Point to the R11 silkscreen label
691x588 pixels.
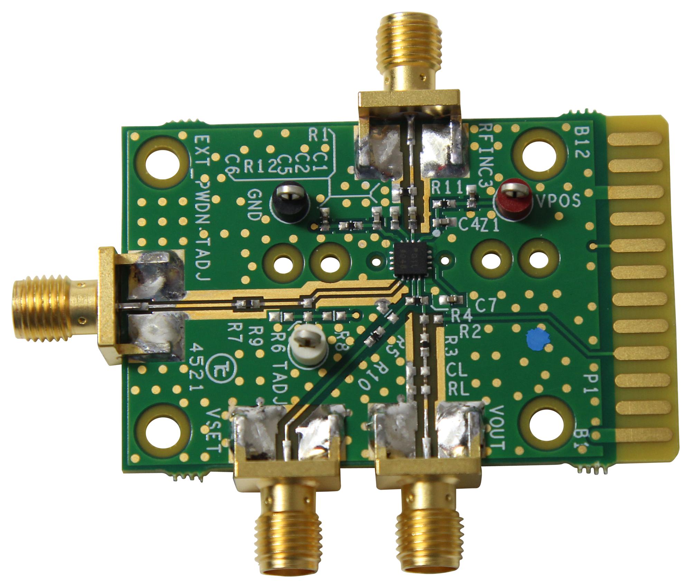pyautogui.click(x=447, y=189)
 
